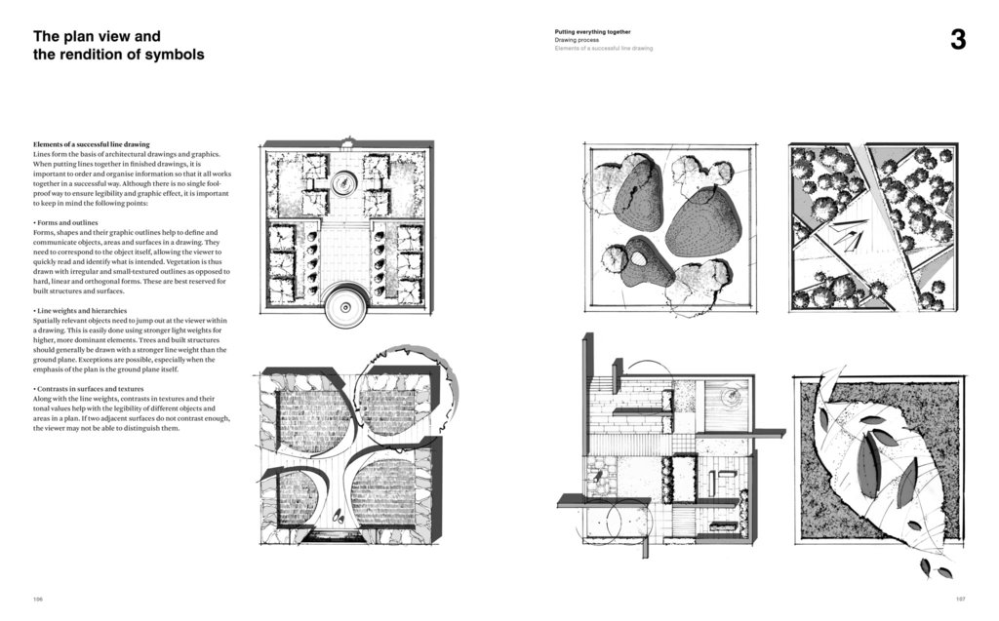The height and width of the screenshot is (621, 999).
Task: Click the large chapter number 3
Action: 957,40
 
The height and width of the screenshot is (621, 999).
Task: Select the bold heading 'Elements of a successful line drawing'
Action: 91,144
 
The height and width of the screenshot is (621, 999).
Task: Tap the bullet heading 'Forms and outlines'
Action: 71,223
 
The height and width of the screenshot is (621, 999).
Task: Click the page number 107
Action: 959,599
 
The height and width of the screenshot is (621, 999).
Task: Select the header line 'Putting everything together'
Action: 592,31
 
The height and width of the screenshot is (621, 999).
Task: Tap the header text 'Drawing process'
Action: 577,40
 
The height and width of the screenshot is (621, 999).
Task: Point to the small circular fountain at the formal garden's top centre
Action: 345,182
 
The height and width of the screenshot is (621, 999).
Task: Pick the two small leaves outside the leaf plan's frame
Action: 933,567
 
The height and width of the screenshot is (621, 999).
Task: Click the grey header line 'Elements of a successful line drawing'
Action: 603,48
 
